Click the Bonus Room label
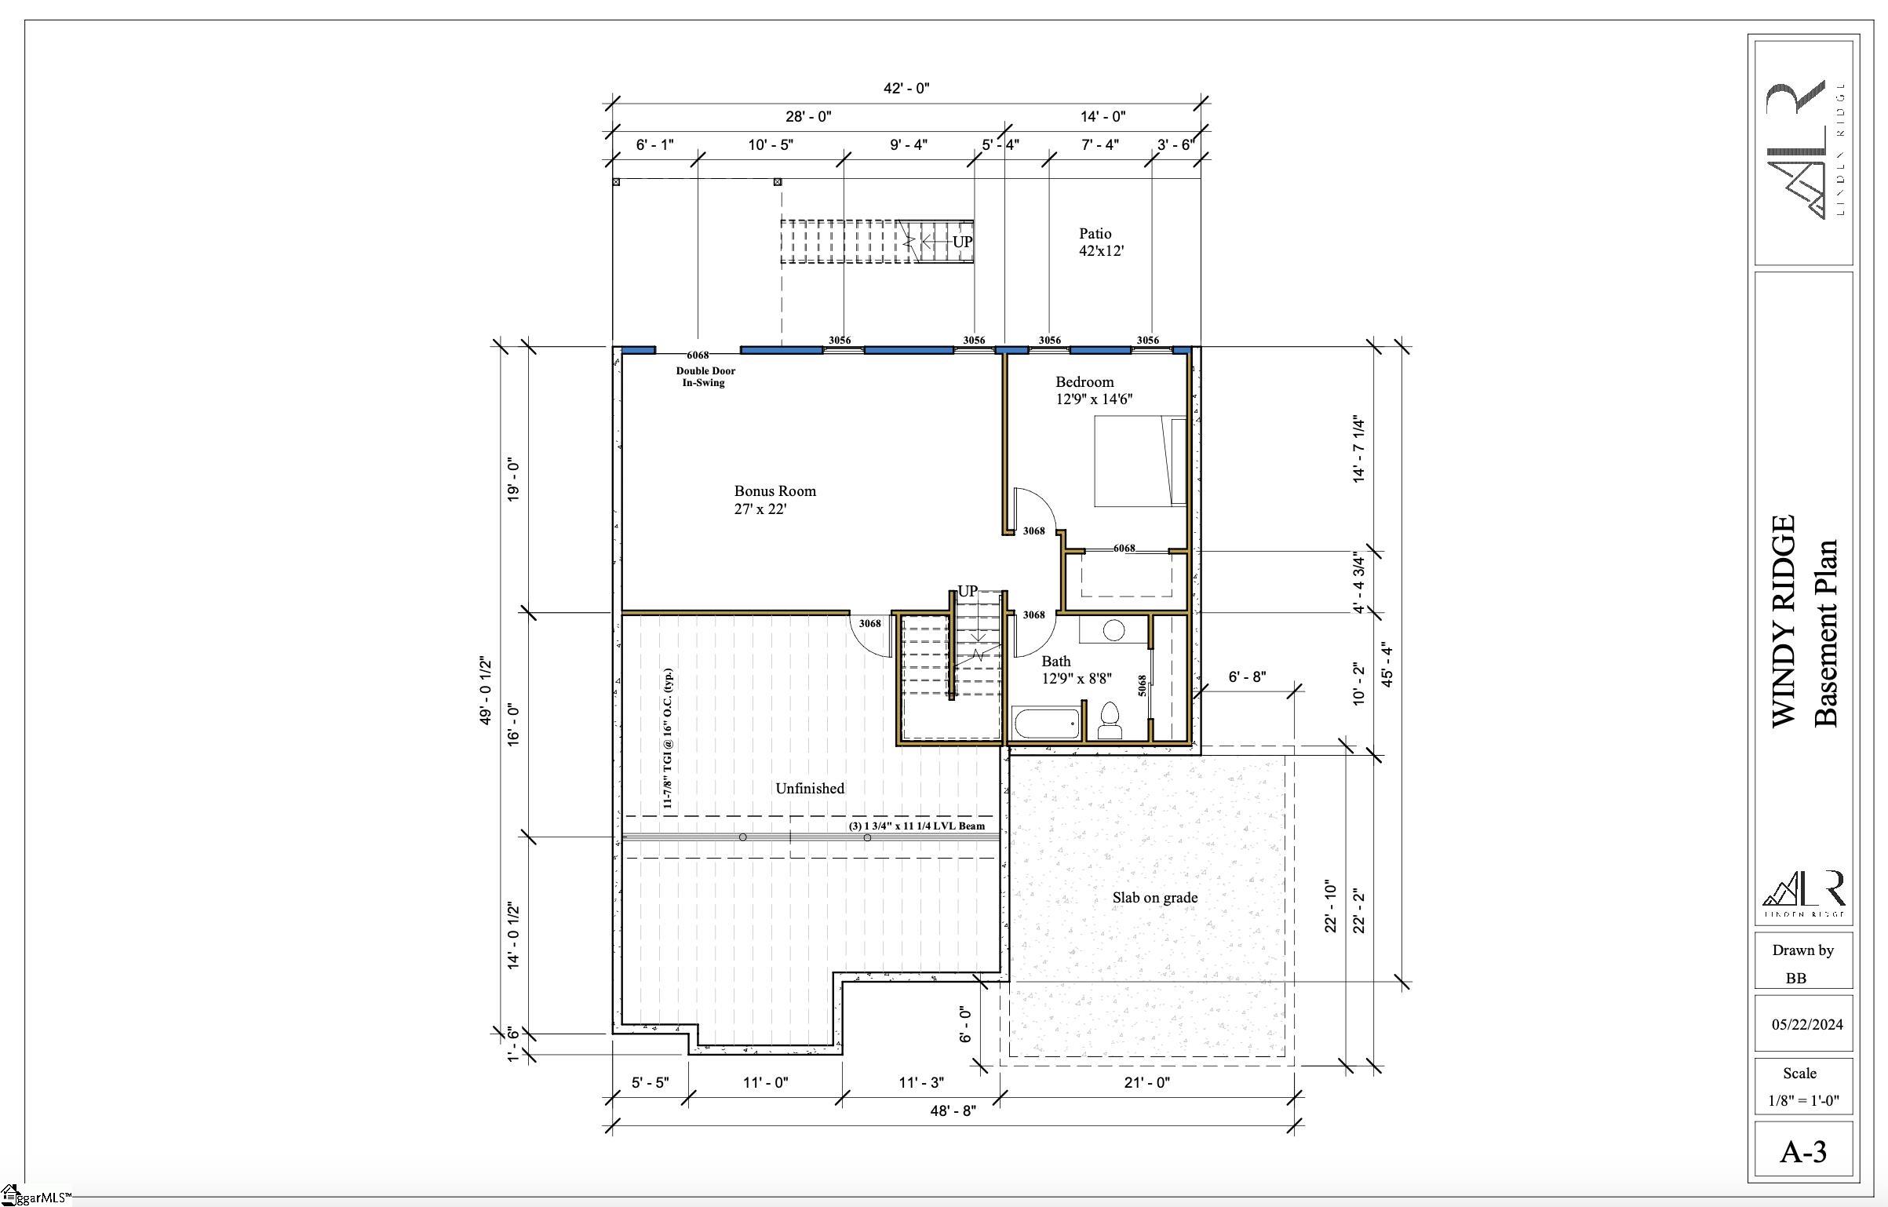[x=775, y=500]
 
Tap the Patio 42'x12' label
[x=1101, y=242]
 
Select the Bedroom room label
[x=1093, y=390]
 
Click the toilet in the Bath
[x=1110, y=721]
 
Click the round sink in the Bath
[x=1113, y=629]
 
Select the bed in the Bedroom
[x=1140, y=461]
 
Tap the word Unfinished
[x=810, y=789]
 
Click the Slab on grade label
[x=1154, y=898]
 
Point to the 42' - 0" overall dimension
[x=906, y=89]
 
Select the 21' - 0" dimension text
[x=1146, y=1083]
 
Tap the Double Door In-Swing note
[x=705, y=377]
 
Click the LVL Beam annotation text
[x=917, y=826]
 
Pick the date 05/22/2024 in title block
[x=1806, y=1025]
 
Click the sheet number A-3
[x=1803, y=1152]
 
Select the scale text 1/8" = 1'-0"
[x=1803, y=1101]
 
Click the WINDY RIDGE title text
[x=1784, y=621]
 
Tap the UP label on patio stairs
[x=962, y=242]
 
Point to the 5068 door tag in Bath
[x=1143, y=685]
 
